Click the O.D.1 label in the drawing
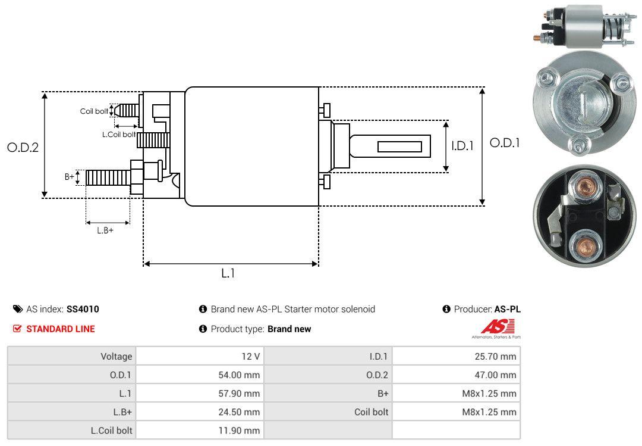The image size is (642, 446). pyautogui.click(x=505, y=143)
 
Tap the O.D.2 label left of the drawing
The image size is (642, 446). pyautogui.click(x=23, y=148)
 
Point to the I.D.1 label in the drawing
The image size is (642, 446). pyautogui.click(x=462, y=145)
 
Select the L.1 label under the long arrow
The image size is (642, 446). pyautogui.click(x=228, y=273)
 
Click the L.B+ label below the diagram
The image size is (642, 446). pyautogui.click(x=105, y=230)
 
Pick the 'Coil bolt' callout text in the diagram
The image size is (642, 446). pyautogui.click(x=94, y=111)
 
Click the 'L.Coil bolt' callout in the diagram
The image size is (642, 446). pyautogui.click(x=119, y=135)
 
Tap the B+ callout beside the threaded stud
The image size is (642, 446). pyautogui.click(x=70, y=177)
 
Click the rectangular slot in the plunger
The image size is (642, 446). pyautogui.click(x=399, y=146)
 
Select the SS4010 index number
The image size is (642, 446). pyautogui.click(x=83, y=309)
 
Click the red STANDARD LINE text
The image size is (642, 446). pyautogui.click(x=60, y=329)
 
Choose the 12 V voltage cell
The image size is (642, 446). pyautogui.click(x=250, y=357)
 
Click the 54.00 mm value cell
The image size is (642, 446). pyautogui.click(x=240, y=375)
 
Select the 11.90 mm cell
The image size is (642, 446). pyautogui.click(x=240, y=430)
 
